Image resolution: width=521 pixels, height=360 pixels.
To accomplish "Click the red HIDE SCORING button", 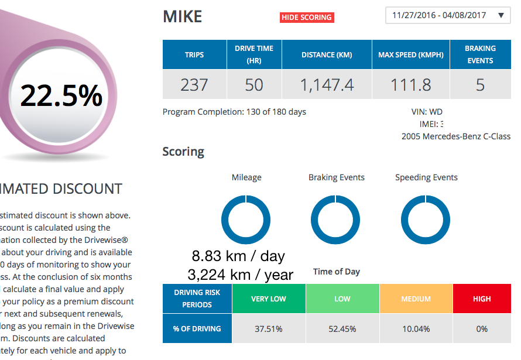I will [x=307, y=18].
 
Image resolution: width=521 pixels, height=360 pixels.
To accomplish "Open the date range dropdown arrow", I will [x=501, y=16].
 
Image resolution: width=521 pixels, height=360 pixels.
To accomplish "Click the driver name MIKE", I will [x=182, y=16].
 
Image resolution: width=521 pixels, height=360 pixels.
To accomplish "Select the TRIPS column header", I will [x=194, y=55].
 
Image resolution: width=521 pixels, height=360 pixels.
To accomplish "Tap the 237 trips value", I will [x=194, y=85].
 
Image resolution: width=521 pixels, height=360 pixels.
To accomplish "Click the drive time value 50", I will [x=254, y=85].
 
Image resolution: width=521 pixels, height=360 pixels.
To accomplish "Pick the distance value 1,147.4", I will [x=327, y=85].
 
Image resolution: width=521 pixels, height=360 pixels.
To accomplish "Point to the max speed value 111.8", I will [x=410, y=85].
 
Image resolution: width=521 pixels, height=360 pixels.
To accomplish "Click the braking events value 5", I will [x=480, y=85].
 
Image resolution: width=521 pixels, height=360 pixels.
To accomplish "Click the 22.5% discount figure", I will [x=61, y=95].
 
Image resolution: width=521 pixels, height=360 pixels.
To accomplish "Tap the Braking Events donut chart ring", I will [x=314, y=220].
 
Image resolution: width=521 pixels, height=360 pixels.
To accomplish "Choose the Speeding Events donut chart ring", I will [x=404, y=220].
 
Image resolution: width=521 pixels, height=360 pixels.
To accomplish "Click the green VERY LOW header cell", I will [x=269, y=299].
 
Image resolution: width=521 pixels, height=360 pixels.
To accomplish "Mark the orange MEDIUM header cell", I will [x=416, y=299].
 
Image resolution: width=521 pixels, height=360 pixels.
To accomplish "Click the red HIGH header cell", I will [x=482, y=299].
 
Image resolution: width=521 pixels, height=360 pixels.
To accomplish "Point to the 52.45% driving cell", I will [x=342, y=329].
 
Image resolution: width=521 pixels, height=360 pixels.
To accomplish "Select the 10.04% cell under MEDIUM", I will [x=416, y=329].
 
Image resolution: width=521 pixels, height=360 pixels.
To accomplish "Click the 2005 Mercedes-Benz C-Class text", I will [x=455, y=136].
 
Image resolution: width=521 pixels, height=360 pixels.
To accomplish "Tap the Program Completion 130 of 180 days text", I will [x=234, y=112].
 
